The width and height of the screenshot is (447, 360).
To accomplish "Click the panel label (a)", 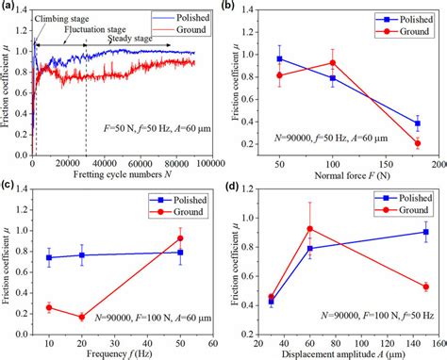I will [12, 8].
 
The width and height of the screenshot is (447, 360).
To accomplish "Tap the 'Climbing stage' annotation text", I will [65, 18].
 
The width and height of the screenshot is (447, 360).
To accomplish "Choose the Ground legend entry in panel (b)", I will [401, 29].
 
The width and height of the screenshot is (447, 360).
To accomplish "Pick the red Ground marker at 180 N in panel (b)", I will [418, 143].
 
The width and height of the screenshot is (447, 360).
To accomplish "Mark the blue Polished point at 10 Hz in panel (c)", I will [49, 257].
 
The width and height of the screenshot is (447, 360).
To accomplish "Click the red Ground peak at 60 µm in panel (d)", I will [309, 228].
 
